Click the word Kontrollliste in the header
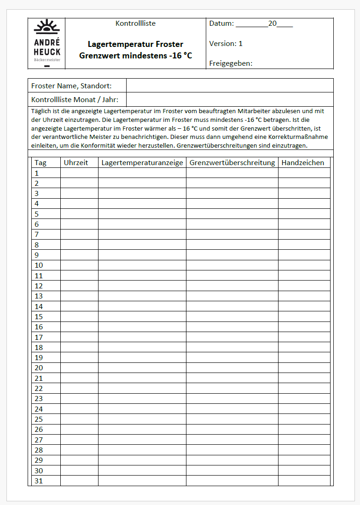(x=135, y=23)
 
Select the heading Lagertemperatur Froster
(x=135, y=44)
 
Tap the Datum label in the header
(x=221, y=23)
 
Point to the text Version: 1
(x=226, y=44)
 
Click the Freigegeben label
(x=231, y=63)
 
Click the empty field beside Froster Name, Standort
(x=229, y=86)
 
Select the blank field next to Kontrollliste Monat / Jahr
(x=229, y=99)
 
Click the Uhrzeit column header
(x=76, y=162)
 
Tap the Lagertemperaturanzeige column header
(x=142, y=162)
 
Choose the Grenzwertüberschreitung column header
(x=232, y=162)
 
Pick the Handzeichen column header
(x=303, y=162)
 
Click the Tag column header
(x=41, y=162)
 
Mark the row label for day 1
(x=37, y=173)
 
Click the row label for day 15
(x=39, y=316)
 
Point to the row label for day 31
(x=39, y=481)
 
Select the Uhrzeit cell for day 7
(x=79, y=235)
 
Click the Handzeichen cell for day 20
(x=304, y=368)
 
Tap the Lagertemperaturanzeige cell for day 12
(x=142, y=286)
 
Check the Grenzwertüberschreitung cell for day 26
(x=232, y=429)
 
